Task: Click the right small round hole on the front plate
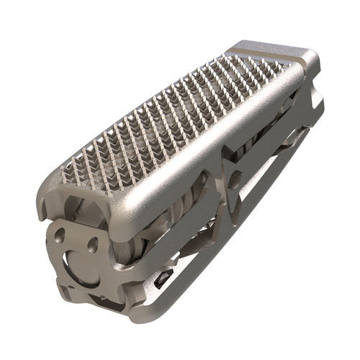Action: pos(91,244)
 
